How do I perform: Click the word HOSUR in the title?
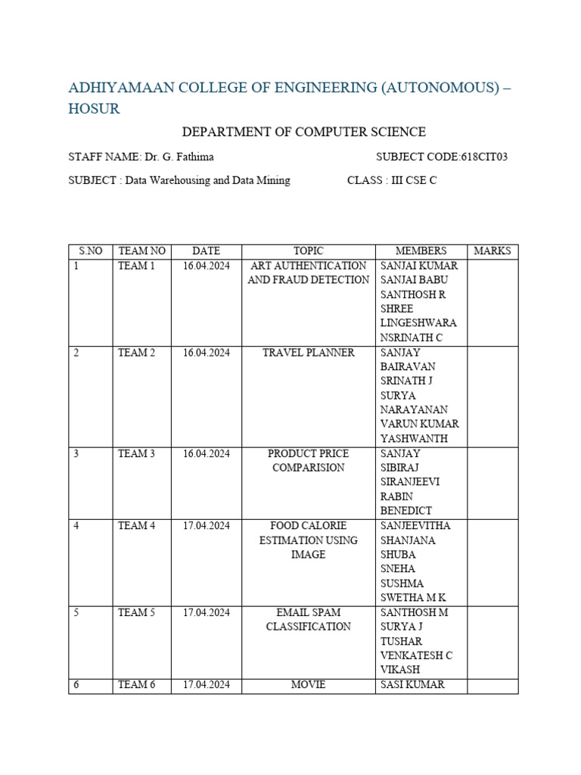[94, 108]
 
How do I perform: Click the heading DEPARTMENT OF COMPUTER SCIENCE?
[304, 132]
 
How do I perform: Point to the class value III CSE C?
[413, 181]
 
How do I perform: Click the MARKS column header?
[492, 251]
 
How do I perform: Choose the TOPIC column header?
[309, 251]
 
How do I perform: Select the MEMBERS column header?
[421, 251]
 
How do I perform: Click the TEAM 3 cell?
[136, 454]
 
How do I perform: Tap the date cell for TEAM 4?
[206, 526]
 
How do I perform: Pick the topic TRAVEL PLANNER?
[309, 353]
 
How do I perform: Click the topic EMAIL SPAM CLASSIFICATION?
[309, 619]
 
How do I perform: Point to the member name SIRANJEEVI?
[410, 482]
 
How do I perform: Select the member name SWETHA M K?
[414, 598]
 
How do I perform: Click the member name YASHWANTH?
[414, 439]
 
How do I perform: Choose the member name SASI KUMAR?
[413, 685]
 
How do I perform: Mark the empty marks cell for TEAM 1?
[492, 303]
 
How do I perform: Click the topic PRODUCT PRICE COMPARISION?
[309, 460]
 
